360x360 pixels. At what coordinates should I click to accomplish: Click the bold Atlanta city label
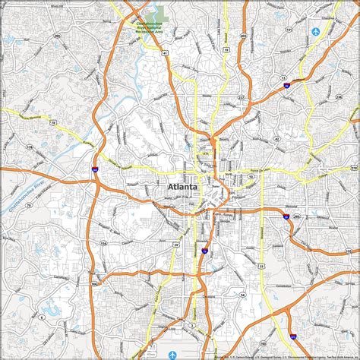point(181,185)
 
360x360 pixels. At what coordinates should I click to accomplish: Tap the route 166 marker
point(94,284)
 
